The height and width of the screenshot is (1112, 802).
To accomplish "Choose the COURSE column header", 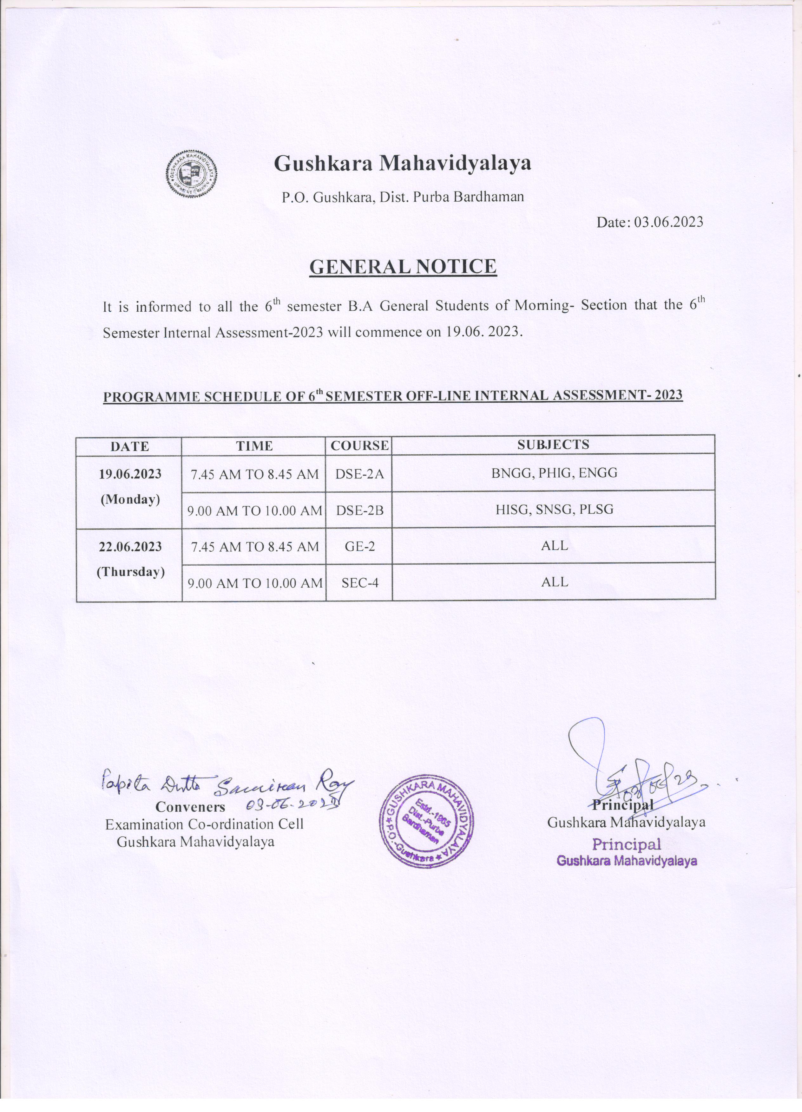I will tap(359, 446).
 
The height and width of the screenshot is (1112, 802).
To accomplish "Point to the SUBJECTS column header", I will tap(553, 445).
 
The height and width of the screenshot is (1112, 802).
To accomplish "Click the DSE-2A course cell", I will tap(359, 474).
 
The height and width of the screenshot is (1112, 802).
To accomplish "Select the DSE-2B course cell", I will tap(359, 510).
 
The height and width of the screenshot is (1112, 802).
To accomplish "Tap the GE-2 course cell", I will tap(359, 546).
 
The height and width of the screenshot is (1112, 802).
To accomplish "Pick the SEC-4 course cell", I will tap(359, 583).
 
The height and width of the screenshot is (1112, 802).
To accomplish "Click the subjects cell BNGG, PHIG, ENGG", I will tap(554, 473).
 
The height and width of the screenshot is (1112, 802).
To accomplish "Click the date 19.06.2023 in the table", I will tap(130, 475).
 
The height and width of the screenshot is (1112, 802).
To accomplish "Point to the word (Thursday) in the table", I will tap(130, 572).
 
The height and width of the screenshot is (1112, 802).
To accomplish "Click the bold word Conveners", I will tap(190, 807).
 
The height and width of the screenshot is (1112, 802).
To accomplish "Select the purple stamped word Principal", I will tap(626, 844).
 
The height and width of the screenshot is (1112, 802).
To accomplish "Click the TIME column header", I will tap(254, 446).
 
